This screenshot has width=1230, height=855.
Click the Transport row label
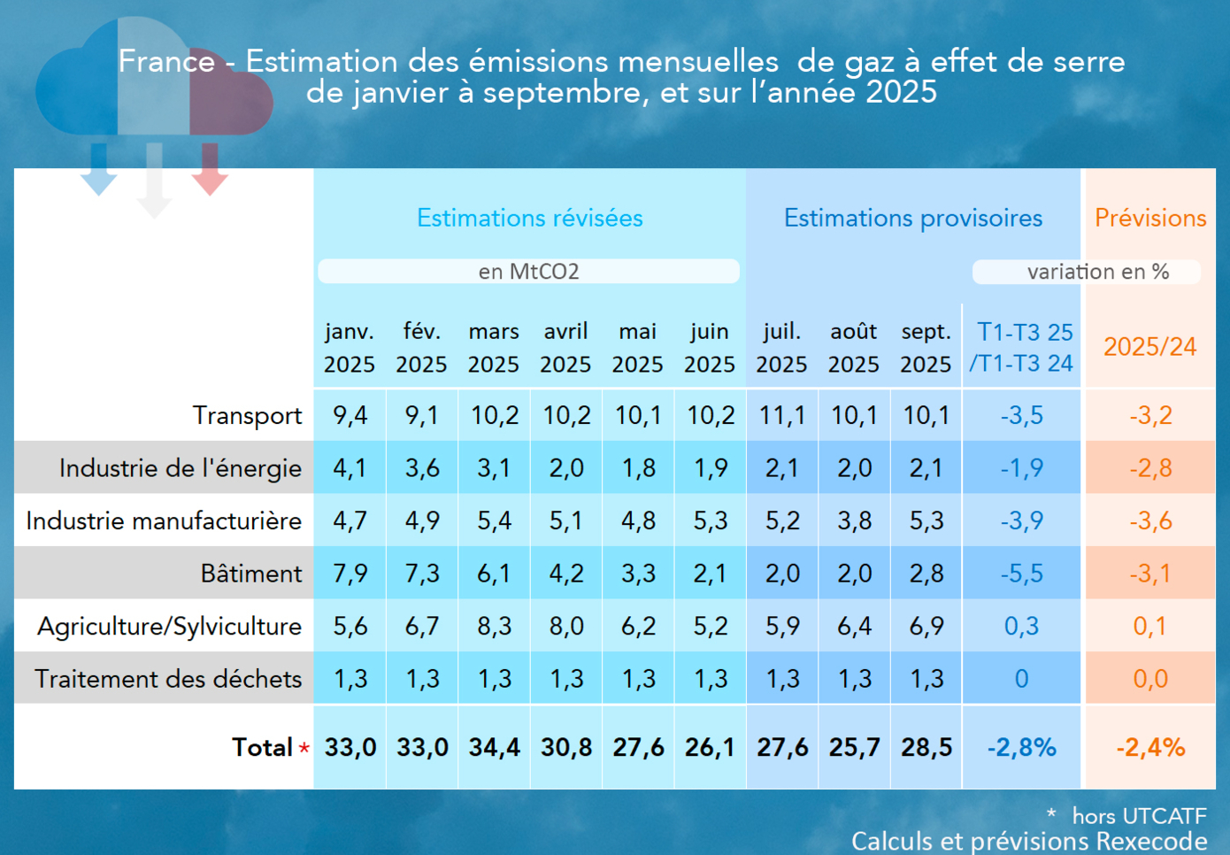[x=247, y=415]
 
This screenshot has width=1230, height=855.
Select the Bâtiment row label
[x=250, y=574]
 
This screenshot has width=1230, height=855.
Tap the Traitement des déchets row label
[x=168, y=679]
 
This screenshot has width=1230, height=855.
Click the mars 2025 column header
[x=494, y=348]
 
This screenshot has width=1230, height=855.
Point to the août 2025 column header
[x=853, y=348]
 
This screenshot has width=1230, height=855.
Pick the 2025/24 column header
[x=1149, y=347]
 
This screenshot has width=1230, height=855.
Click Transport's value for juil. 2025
[x=782, y=415]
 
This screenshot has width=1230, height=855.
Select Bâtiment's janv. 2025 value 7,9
[x=350, y=574]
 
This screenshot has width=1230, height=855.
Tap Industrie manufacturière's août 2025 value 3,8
[x=854, y=520]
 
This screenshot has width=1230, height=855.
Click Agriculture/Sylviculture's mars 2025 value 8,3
[x=494, y=627]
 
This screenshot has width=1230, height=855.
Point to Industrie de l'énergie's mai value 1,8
[x=638, y=468]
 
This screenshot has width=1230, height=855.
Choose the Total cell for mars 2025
[x=494, y=748]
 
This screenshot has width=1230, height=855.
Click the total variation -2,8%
[x=1022, y=748]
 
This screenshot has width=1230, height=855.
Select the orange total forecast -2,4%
[x=1150, y=748]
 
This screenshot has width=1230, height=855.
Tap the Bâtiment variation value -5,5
[x=1022, y=574]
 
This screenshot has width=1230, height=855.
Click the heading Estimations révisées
[x=530, y=218]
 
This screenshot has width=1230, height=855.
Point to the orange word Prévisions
[x=1150, y=218]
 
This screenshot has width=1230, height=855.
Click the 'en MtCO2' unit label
[x=528, y=272]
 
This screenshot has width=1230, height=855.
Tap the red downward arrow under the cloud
[x=210, y=168]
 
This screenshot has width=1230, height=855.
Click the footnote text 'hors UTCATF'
[x=1139, y=815]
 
